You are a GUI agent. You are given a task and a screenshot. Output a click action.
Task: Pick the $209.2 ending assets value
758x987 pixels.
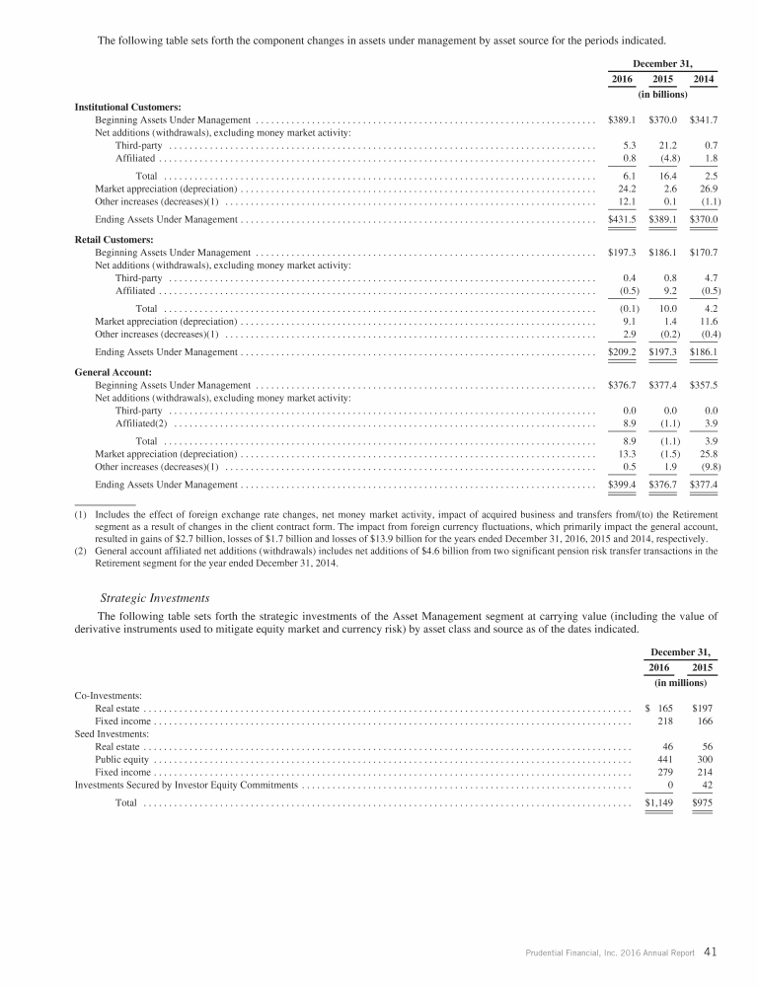[x=620, y=351]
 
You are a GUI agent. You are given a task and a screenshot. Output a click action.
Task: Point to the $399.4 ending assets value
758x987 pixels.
[x=620, y=485]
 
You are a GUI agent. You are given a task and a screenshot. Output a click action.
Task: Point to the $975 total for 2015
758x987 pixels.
[x=703, y=803]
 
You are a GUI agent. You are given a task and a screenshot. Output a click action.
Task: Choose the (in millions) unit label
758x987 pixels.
[x=681, y=682]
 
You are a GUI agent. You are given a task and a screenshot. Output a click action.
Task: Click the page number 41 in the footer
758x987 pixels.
[x=711, y=952]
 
